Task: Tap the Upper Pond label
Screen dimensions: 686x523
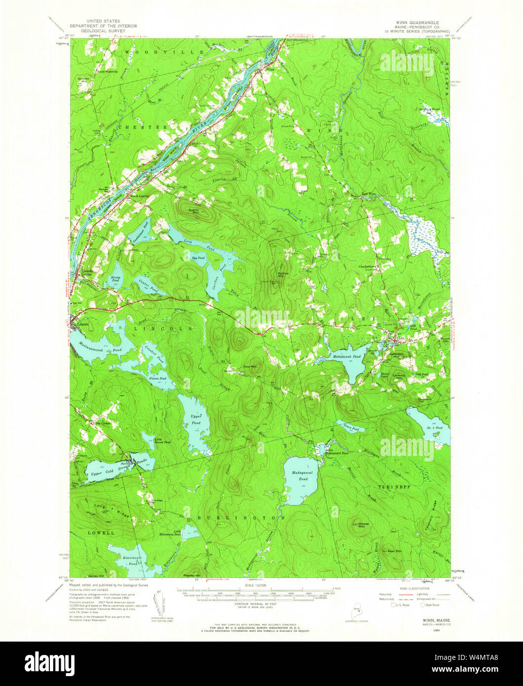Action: pos(196,420)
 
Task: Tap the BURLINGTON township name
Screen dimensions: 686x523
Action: pos(241,518)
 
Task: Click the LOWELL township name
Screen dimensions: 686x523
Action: pos(102,533)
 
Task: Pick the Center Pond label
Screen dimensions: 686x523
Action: pos(148,285)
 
